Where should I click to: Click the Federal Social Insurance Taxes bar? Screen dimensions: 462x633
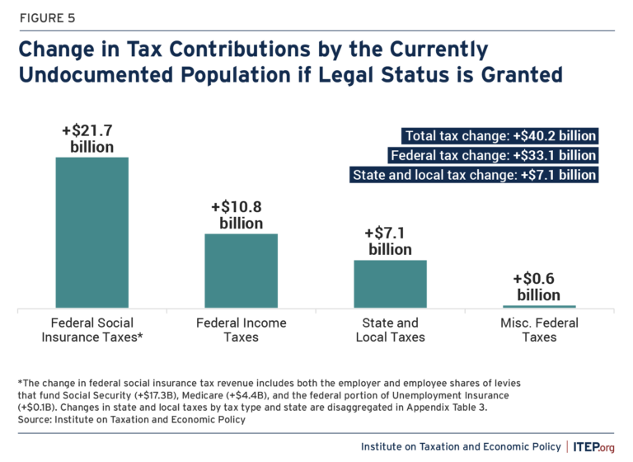91,233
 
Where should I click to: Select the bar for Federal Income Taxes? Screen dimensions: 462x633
241,271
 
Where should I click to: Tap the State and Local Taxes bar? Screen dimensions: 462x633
390,284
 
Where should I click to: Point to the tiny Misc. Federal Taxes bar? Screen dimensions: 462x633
539,306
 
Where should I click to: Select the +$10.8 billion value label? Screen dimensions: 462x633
241,214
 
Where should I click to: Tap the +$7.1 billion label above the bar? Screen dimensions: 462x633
390,242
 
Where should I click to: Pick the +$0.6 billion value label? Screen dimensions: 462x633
539,286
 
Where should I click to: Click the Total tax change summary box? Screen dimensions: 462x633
499,136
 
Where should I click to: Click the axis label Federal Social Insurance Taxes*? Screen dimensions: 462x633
92,330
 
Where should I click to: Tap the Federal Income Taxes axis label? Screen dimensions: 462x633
241,330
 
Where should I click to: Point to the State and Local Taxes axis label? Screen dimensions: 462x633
390,330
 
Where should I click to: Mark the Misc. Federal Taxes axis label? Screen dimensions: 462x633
539,330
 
